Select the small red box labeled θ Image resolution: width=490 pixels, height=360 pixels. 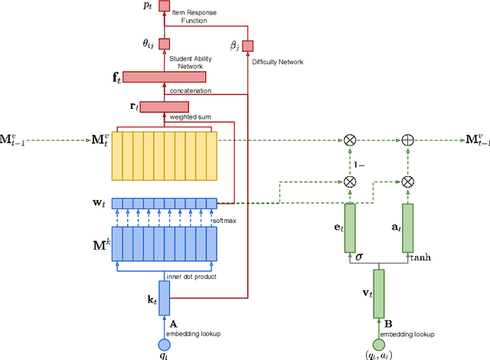pyautogui.click(x=164, y=44)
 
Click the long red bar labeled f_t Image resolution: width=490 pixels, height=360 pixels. pyautogui.click(x=164, y=77)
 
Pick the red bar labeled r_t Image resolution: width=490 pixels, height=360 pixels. pyautogui.click(x=164, y=106)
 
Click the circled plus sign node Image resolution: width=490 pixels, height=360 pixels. pyautogui.click(x=407, y=140)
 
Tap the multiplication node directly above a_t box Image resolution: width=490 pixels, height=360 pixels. pyautogui.click(x=407, y=182)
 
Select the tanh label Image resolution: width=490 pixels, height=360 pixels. pyautogui.click(x=421, y=258)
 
